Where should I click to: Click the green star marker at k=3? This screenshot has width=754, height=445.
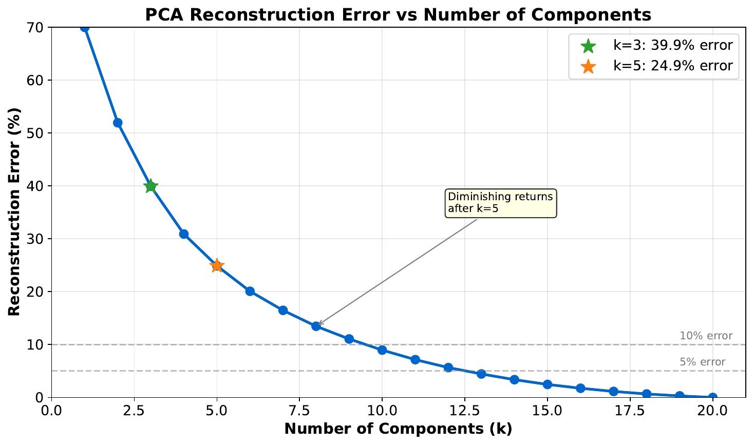150,186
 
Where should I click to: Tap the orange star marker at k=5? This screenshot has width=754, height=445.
217,265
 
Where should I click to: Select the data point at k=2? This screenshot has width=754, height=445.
118,123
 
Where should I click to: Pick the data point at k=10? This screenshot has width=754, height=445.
382,350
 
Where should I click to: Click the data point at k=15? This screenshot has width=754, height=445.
548,384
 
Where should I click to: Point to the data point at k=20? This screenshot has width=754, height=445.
713,397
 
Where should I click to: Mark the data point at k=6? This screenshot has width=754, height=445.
250,291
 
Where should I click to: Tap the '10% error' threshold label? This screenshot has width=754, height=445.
706,336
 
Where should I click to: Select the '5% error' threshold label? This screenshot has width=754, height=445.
702,362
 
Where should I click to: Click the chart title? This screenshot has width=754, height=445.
398,14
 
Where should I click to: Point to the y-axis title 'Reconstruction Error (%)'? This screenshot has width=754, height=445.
14,211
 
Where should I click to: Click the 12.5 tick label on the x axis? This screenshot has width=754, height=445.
465,411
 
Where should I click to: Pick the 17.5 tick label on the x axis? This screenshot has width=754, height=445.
630,411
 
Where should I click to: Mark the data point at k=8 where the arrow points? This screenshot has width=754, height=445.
316,326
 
